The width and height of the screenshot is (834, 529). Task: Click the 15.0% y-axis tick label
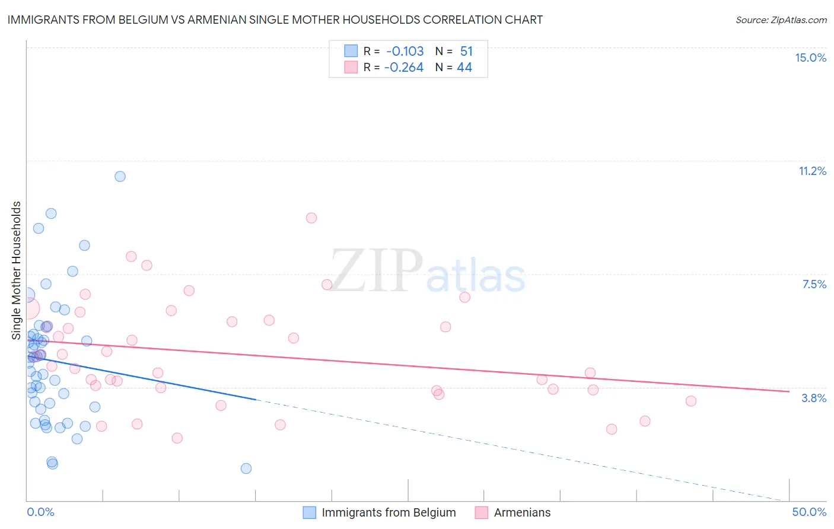pyautogui.click(x=810, y=58)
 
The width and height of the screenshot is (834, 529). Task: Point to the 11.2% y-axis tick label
pyautogui.click(x=812, y=171)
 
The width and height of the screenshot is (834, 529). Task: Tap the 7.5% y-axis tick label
pyautogui.click(x=814, y=284)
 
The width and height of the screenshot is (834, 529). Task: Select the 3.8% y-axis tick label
pyautogui.click(x=814, y=398)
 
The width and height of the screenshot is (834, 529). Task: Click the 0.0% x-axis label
pyautogui.click(x=40, y=512)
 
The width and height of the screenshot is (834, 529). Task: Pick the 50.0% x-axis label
pyautogui.click(x=809, y=512)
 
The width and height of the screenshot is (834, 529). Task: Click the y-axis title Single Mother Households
pyautogui.click(x=17, y=270)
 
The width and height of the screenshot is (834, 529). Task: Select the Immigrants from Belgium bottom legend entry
pyautogui.click(x=389, y=512)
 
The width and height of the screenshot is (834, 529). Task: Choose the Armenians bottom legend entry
pyautogui.click(x=522, y=512)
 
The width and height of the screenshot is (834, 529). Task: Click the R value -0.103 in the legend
pyautogui.click(x=405, y=52)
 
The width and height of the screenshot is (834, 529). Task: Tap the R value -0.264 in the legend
pyautogui.click(x=403, y=68)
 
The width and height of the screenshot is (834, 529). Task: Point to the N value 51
pyautogui.click(x=466, y=52)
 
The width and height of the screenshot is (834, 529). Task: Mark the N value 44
pyautogui.click(x=464, y=68)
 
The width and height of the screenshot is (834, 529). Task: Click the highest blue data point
pyautogui.click(x=120, y=176)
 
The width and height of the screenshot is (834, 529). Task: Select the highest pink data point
pyautogui.click(x=311, y=218)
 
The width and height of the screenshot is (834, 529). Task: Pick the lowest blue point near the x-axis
pyautogui.click(x=246, y=469)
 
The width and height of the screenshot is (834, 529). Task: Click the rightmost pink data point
pyautogui.click(x=690, y=401)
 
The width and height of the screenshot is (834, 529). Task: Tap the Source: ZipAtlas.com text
pyautogui.click(x=781, y=20)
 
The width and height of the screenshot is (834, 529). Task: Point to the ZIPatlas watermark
pyautogui.click(x=428, y=271)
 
